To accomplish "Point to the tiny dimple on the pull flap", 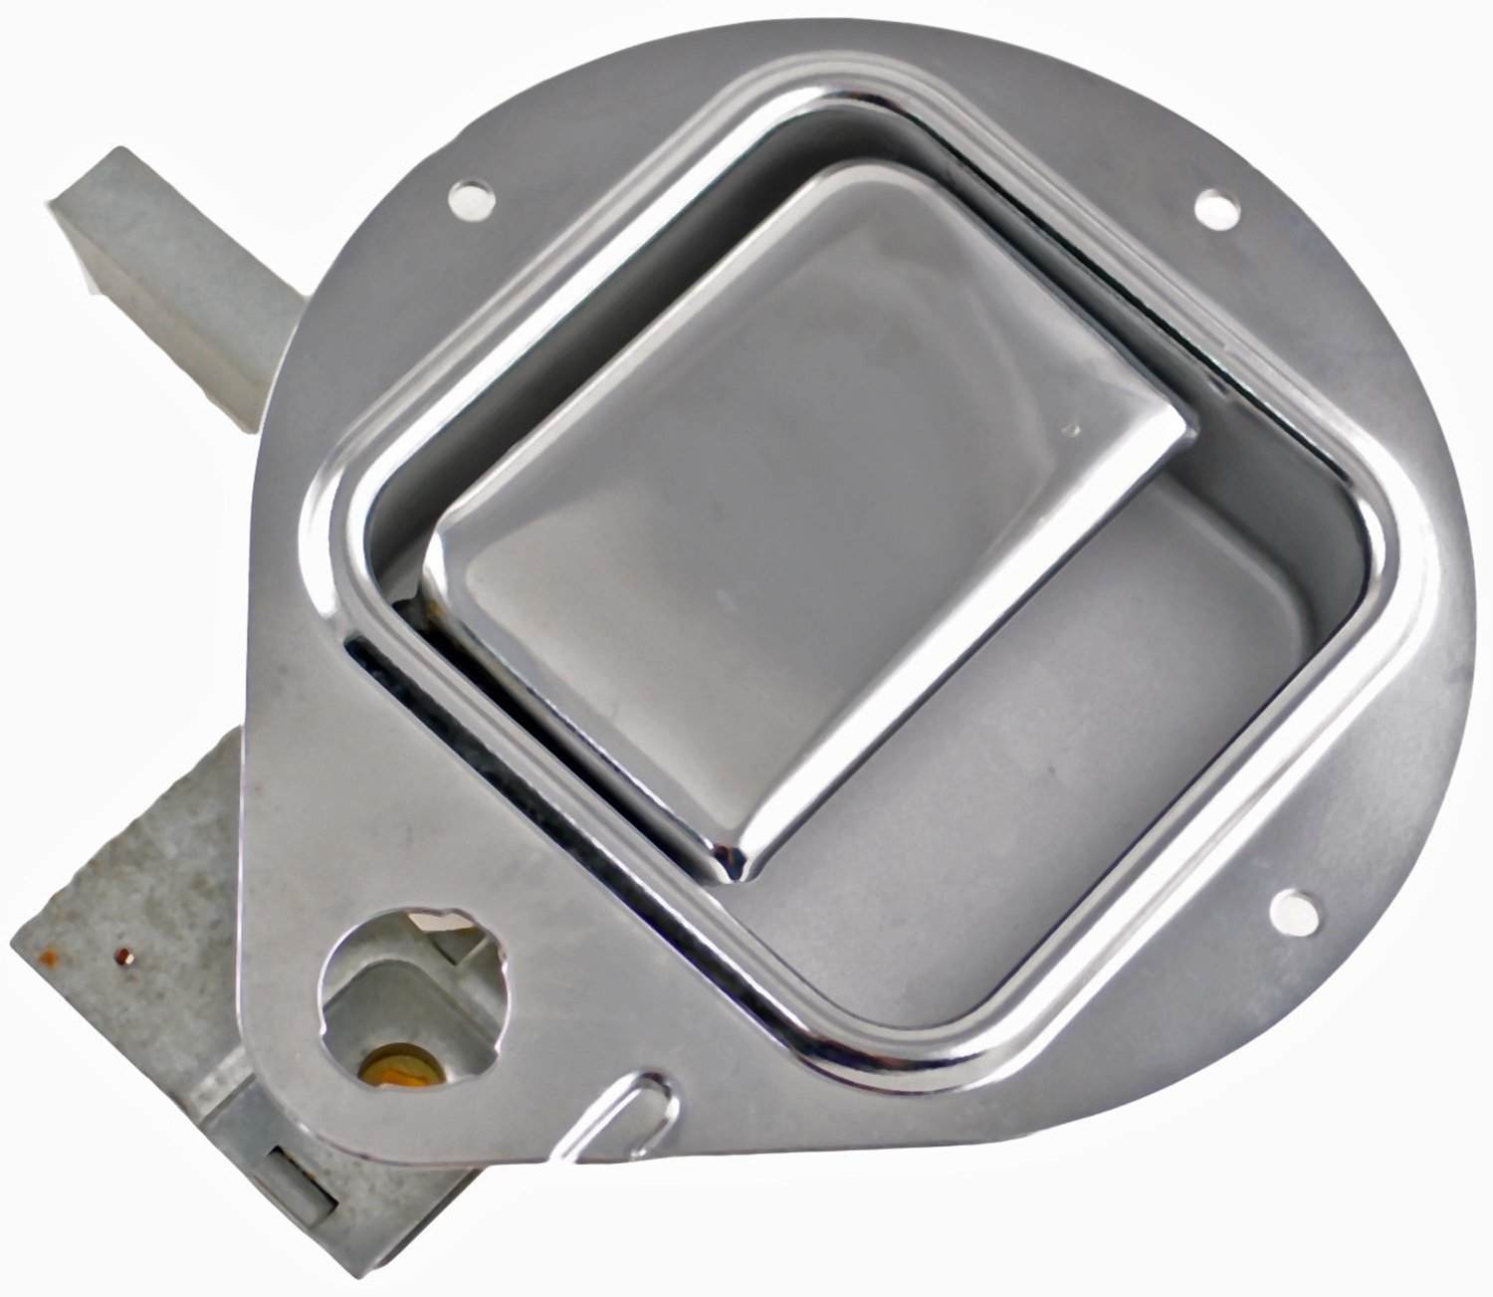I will (1071, 431).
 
